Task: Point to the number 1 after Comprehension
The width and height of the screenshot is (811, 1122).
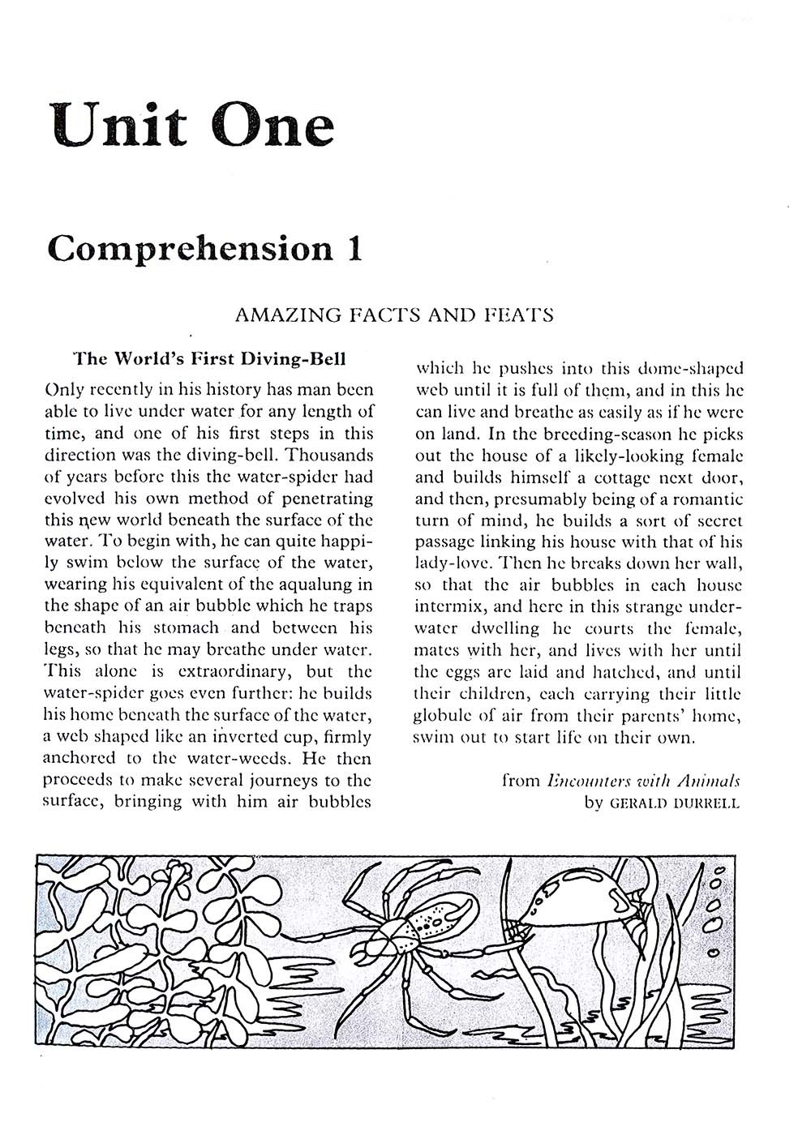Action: [354, 247]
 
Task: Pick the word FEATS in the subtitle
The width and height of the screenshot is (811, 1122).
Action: [518, 315]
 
